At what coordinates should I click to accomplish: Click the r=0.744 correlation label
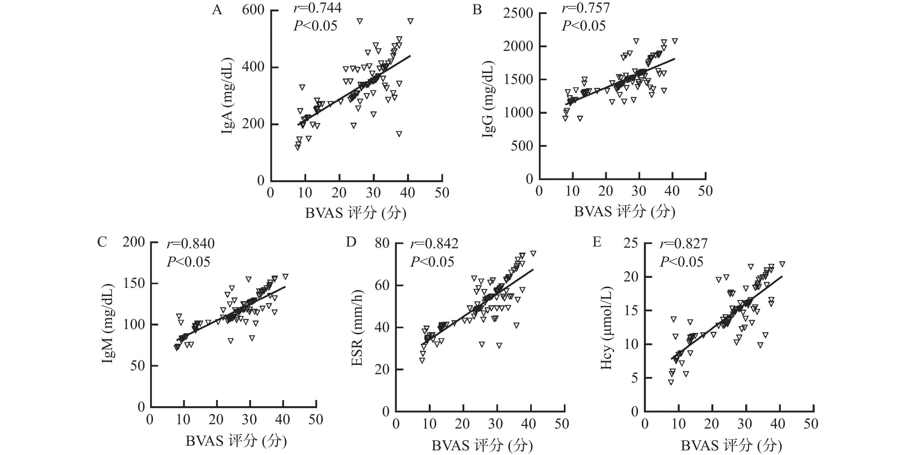click(x=318, y=8)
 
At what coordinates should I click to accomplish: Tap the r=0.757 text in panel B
click(x=586, y=8)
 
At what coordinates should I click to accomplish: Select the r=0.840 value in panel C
click(x=190, y=244)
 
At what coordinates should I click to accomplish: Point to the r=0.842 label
click(x=434, y=244)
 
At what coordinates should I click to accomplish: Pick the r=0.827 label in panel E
click(x=683, y=244)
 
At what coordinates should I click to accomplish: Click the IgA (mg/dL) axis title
click(x=228, y=96)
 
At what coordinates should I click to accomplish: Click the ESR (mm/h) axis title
click(x=357, y=328)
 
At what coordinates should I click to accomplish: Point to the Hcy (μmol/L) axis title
click(x=606, y=328)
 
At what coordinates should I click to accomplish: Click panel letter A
click(x=217, y=10)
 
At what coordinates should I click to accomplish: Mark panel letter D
click(x=351, y=242)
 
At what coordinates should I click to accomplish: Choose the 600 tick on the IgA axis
click(x=253, y=10)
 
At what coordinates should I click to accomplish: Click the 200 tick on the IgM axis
click(x=134, y=242)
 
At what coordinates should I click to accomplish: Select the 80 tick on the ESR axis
click(x=382, y=244)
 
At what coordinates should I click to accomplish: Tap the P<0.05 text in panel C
click(x=188, y=262)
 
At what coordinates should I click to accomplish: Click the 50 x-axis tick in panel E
click(x=811, y=424)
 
